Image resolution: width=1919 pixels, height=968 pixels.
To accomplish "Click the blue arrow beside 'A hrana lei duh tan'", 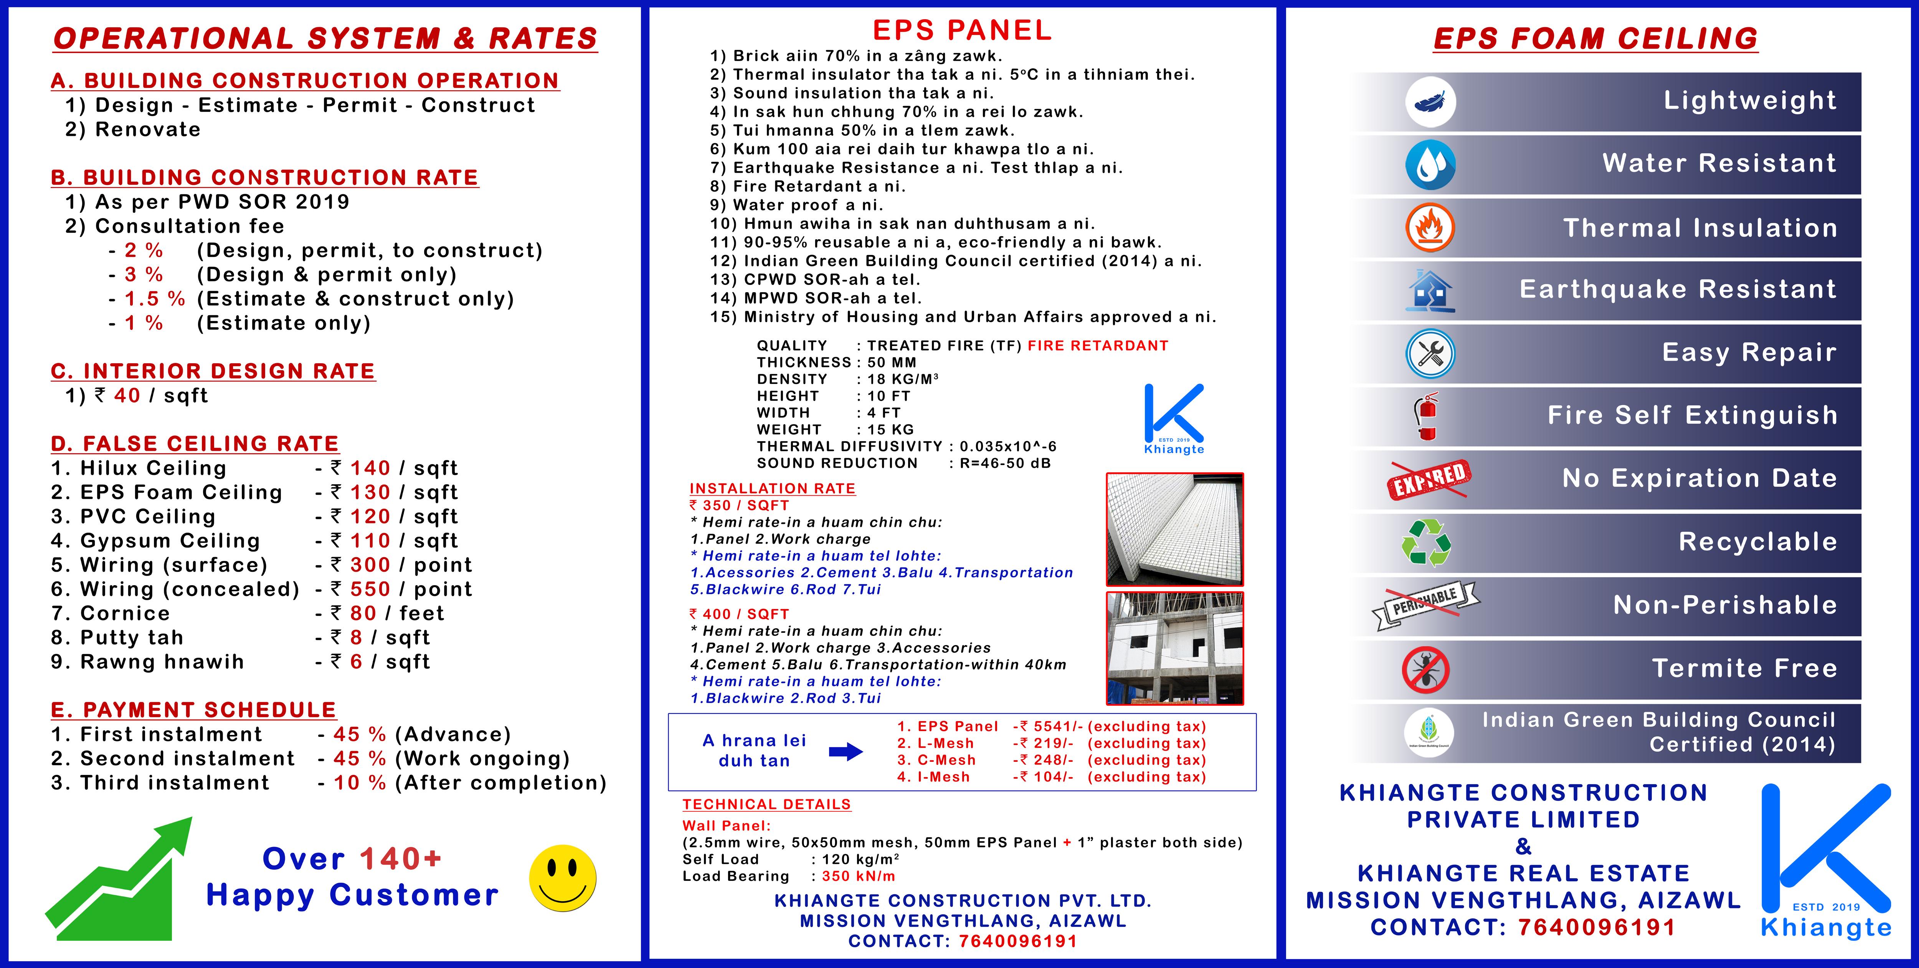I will (846, 751).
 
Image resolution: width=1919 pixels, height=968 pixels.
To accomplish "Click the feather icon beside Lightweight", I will (1430, 102).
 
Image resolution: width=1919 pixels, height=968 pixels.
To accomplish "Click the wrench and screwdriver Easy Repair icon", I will (1430, 353).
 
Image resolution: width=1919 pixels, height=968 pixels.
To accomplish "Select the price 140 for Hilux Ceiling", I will (370, 468).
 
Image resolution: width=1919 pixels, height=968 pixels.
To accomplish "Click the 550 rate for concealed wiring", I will (370, 589).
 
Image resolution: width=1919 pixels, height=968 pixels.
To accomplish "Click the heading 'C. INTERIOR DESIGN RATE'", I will (213, 371).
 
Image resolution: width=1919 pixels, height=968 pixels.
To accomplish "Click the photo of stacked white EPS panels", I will (1174, 529).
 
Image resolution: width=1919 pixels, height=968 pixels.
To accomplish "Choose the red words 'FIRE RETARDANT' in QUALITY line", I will (1097, 346).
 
